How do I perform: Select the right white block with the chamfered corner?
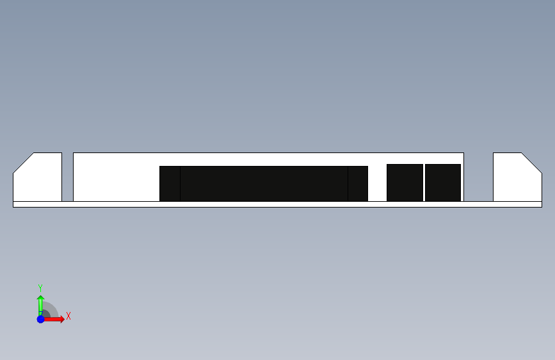516,179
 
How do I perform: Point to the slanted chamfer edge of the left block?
23,163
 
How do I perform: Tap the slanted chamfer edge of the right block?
532,163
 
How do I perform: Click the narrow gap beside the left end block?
68,177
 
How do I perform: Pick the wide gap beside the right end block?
479,177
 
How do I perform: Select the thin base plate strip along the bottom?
278,204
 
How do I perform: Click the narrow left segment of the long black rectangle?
170,184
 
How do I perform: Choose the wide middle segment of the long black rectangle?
264,184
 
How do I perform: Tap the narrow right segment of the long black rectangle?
358,184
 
